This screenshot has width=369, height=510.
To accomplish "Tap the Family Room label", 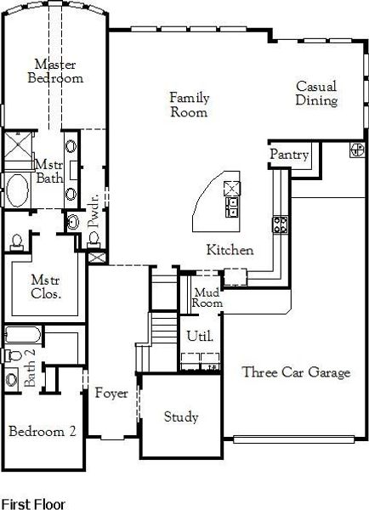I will click(189, 105).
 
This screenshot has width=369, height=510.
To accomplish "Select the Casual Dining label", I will click(316, 93).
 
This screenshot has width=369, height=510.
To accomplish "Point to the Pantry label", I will click(288, 155).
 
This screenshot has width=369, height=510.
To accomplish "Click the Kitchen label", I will click(230, 250).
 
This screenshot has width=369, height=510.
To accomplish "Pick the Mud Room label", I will click(207, 297).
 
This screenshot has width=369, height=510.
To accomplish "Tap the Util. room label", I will click(199, 336).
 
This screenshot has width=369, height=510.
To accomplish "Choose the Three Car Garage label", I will click(295, 372).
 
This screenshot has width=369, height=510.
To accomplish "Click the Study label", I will click(180, 417).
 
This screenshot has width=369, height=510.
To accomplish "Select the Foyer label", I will click(111, 393).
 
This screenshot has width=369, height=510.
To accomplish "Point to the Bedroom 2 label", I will click(43, 431).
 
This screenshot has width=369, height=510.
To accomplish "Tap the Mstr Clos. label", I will click(44, 286).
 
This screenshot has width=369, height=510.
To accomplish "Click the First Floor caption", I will click(32, 503).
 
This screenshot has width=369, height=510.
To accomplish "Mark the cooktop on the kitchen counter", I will click(279, 224).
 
